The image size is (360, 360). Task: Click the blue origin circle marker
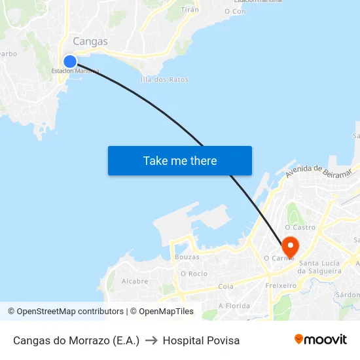pyautogui.click(x=69, y=62)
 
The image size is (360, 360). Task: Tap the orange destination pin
pyautogui.click(x=290, y=247)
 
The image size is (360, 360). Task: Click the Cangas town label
pyautogui.click(x=90, y=41)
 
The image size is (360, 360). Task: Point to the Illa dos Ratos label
pyautogui.click(x=164, y=80)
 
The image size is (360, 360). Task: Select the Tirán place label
pyautogui.click(x=190, y=10)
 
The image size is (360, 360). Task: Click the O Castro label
pyautogui.click(x=300, y=227)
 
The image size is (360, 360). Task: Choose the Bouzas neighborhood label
pyautogui.click(x=187, y=257)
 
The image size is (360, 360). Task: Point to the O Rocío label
pyautogui.click(x=194, y=273)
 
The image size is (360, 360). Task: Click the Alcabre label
pyautogui.click(x=135, y=281)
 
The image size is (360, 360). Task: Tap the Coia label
pyautogui.click(x=226, y=287)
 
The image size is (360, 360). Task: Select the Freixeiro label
pyautogui.click(x=281, y=285)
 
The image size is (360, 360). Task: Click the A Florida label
pyautogui.click(x=234, y=306)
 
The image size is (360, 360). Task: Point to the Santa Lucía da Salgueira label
pyautogui.click(x=319, y=267)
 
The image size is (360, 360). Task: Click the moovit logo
pyautogui.click(x=321, y=339)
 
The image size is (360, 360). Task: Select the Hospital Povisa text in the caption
pyautogui.click(x=201, y=340)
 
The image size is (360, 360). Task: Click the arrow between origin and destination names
pyautogui.click(x=151, y=340)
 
